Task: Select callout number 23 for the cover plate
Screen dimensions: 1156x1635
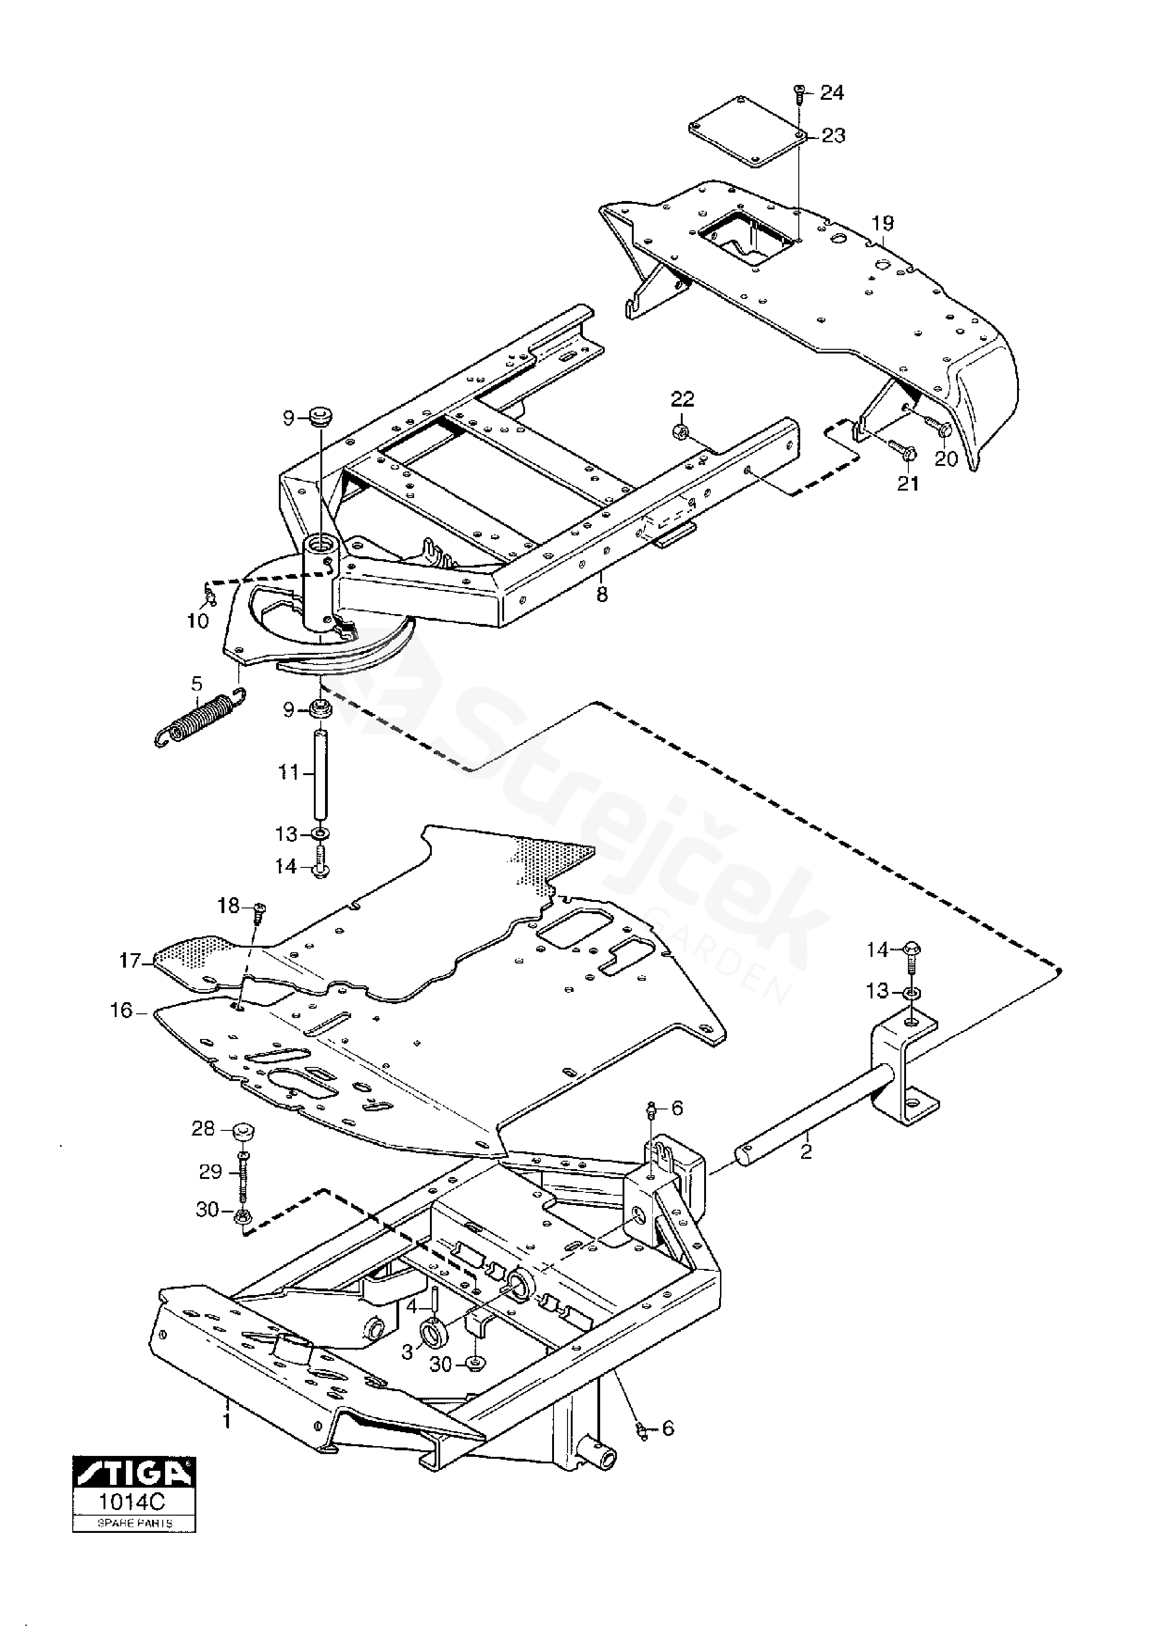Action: pyautogui.click(x=833, y=135)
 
